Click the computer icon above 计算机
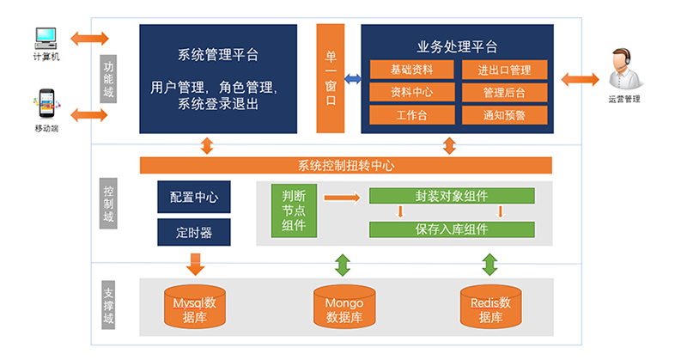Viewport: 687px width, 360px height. [44, 38]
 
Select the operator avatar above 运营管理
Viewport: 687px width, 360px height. [624, 70]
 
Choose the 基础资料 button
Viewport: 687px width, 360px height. [411, 70]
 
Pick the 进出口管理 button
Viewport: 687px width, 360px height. [503, 70]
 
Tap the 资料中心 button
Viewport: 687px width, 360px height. [411, 92]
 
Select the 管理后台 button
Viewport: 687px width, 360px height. [503, 92]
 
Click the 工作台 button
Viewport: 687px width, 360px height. [411, 114]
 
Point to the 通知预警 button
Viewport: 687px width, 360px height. [503, 114]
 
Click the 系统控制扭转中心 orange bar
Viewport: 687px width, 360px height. [345, 166]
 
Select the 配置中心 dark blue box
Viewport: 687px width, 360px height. [193, 197]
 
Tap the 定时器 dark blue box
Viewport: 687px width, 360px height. [193, 231]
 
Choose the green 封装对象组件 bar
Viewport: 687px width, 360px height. [452, 195]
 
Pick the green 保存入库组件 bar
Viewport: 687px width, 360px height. [452, 229]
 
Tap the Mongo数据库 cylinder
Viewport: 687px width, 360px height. [343, 308]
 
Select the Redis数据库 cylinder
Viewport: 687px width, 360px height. [490, 308]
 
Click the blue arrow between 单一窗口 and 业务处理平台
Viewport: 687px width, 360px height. [352, 79]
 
